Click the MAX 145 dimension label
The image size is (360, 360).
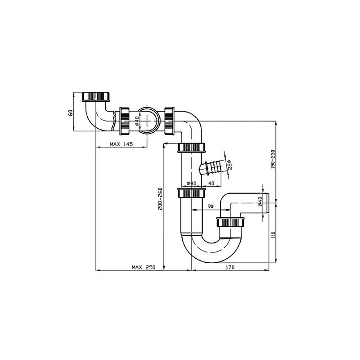(121, 144)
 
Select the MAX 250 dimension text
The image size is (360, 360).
(144, 267)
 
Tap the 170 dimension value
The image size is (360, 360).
(230, 267)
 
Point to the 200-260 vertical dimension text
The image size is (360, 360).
(160, 198)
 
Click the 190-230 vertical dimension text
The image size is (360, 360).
(273, 159)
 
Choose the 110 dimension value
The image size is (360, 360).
(273, 234)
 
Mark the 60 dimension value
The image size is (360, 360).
(71, 113)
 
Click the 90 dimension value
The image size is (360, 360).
(210, 207)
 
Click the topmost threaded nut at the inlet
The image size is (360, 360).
(96, 96)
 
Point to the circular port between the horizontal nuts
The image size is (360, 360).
(147, 121)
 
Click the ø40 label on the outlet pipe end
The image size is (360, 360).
(260, 202)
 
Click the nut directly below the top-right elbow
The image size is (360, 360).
(191, 147)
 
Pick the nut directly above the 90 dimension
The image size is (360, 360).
(191, 193)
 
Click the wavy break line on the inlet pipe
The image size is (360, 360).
(113, 121)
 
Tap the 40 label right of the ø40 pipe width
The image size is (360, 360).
(211, 183)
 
